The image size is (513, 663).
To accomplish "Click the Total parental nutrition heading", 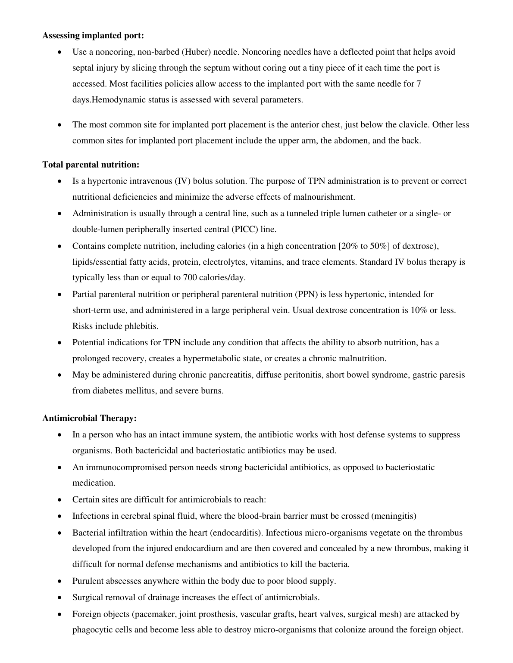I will coord(91,165).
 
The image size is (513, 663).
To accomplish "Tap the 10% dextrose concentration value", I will coord(419,310).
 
